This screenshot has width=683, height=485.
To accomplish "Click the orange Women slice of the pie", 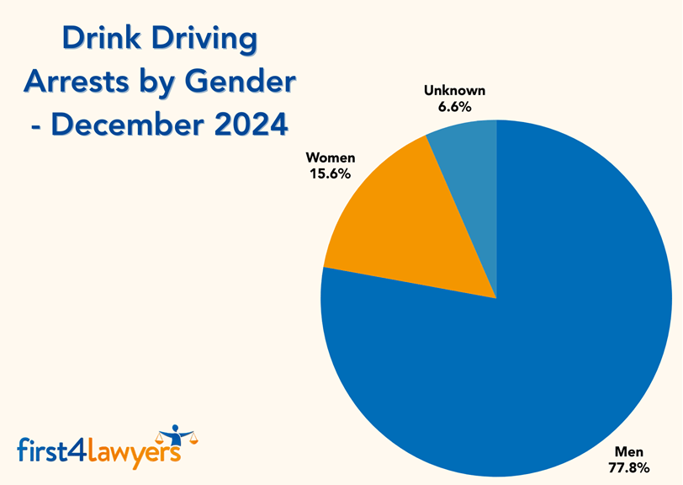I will pos(404,227).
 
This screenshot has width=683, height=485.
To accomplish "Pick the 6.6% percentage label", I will pos(454,107).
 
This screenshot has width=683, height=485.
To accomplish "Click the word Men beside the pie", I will pos(628,451).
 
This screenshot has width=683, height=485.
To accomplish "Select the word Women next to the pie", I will pos(331,157).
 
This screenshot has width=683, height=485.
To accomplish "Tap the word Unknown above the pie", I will pos(454,91).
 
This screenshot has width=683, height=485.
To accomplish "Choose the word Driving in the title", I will pos(206,40).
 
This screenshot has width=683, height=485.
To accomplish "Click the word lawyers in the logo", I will pos(135,450).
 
